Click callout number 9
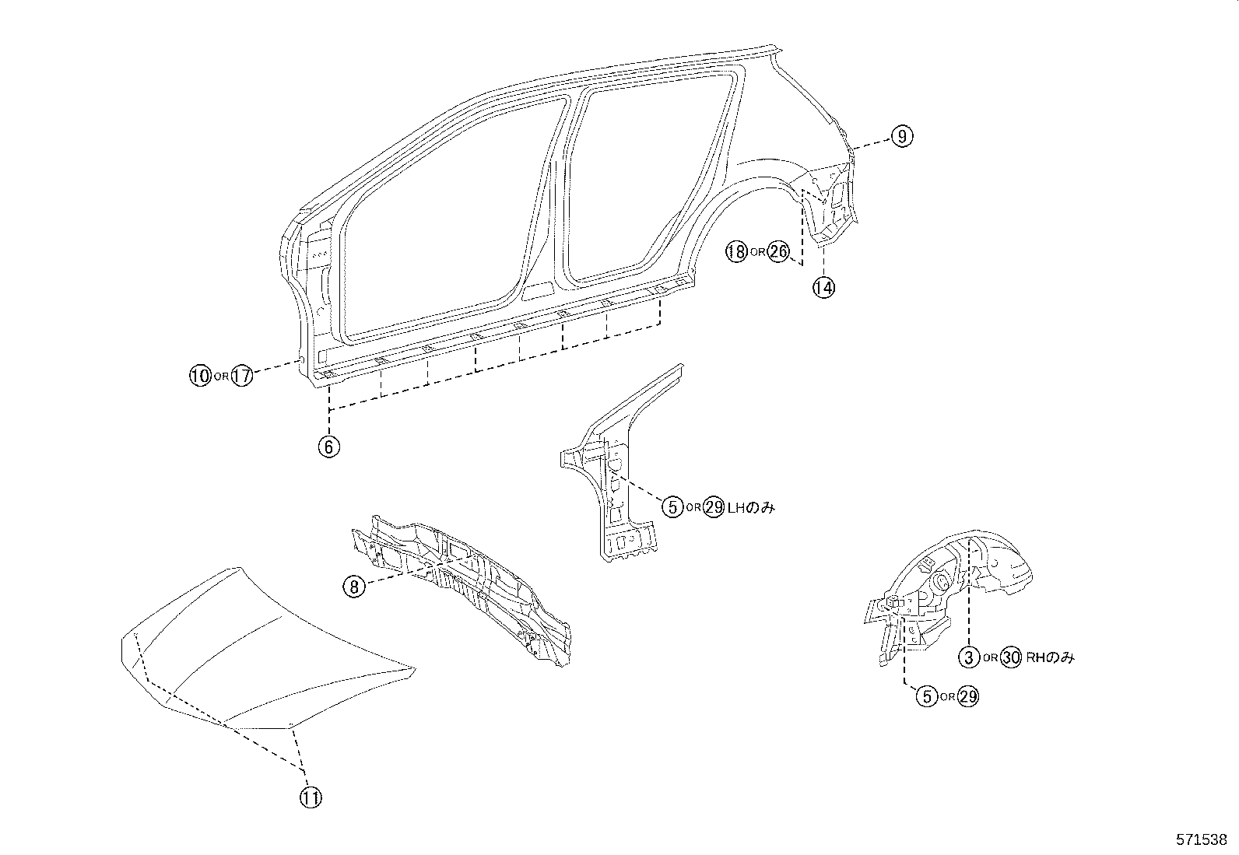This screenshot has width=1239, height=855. pyautogui.click(x=901, y=137)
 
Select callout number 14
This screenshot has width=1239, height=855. pyautogui.click(x=823, y=287)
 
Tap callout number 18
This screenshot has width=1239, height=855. pyautogui.click(x=735, y=251)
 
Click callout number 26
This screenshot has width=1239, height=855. pyautogui.click(x=778, y=251)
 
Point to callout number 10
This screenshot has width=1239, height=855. pyautogui.click(x=200, y=376)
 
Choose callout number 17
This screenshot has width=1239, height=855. pyautogui.click(x=243, y=376)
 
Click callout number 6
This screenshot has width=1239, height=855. pyautogui.click(x=329, y=447)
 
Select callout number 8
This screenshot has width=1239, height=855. pyautogui.click(x=354, y=587)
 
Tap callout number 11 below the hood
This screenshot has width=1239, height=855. pyautogui.click(x=311, y=797)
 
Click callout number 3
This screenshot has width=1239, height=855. pyautogui.click(x=968, y=657)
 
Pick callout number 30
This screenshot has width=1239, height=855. pyautogui.click(x=1011, y=657)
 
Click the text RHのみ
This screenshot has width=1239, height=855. pyautogui.click(x=1050, y=657)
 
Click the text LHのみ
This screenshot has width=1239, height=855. pyautogui.click(x=750, y=507)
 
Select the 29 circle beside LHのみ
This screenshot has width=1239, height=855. pyautogui.click(x=714, y=507)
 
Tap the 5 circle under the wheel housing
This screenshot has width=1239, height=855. pyautogui.click(x=926, y=696)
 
